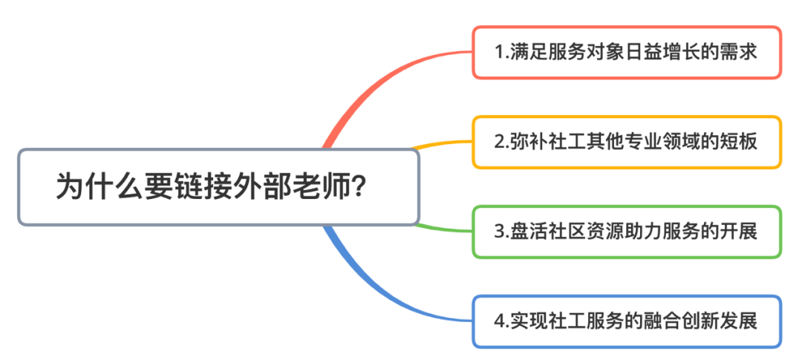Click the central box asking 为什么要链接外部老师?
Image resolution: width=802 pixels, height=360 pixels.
coord(219,187)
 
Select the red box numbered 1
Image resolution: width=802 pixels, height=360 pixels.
coord(627,53)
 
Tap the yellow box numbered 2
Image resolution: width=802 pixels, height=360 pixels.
coord(627,143)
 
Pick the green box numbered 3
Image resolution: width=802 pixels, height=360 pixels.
coord(627,232)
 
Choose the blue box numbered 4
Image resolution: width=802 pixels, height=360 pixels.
coord(627,321)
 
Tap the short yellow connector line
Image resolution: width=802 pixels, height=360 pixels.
coord(443,144)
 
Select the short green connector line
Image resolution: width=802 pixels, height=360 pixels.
coord(443,229)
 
